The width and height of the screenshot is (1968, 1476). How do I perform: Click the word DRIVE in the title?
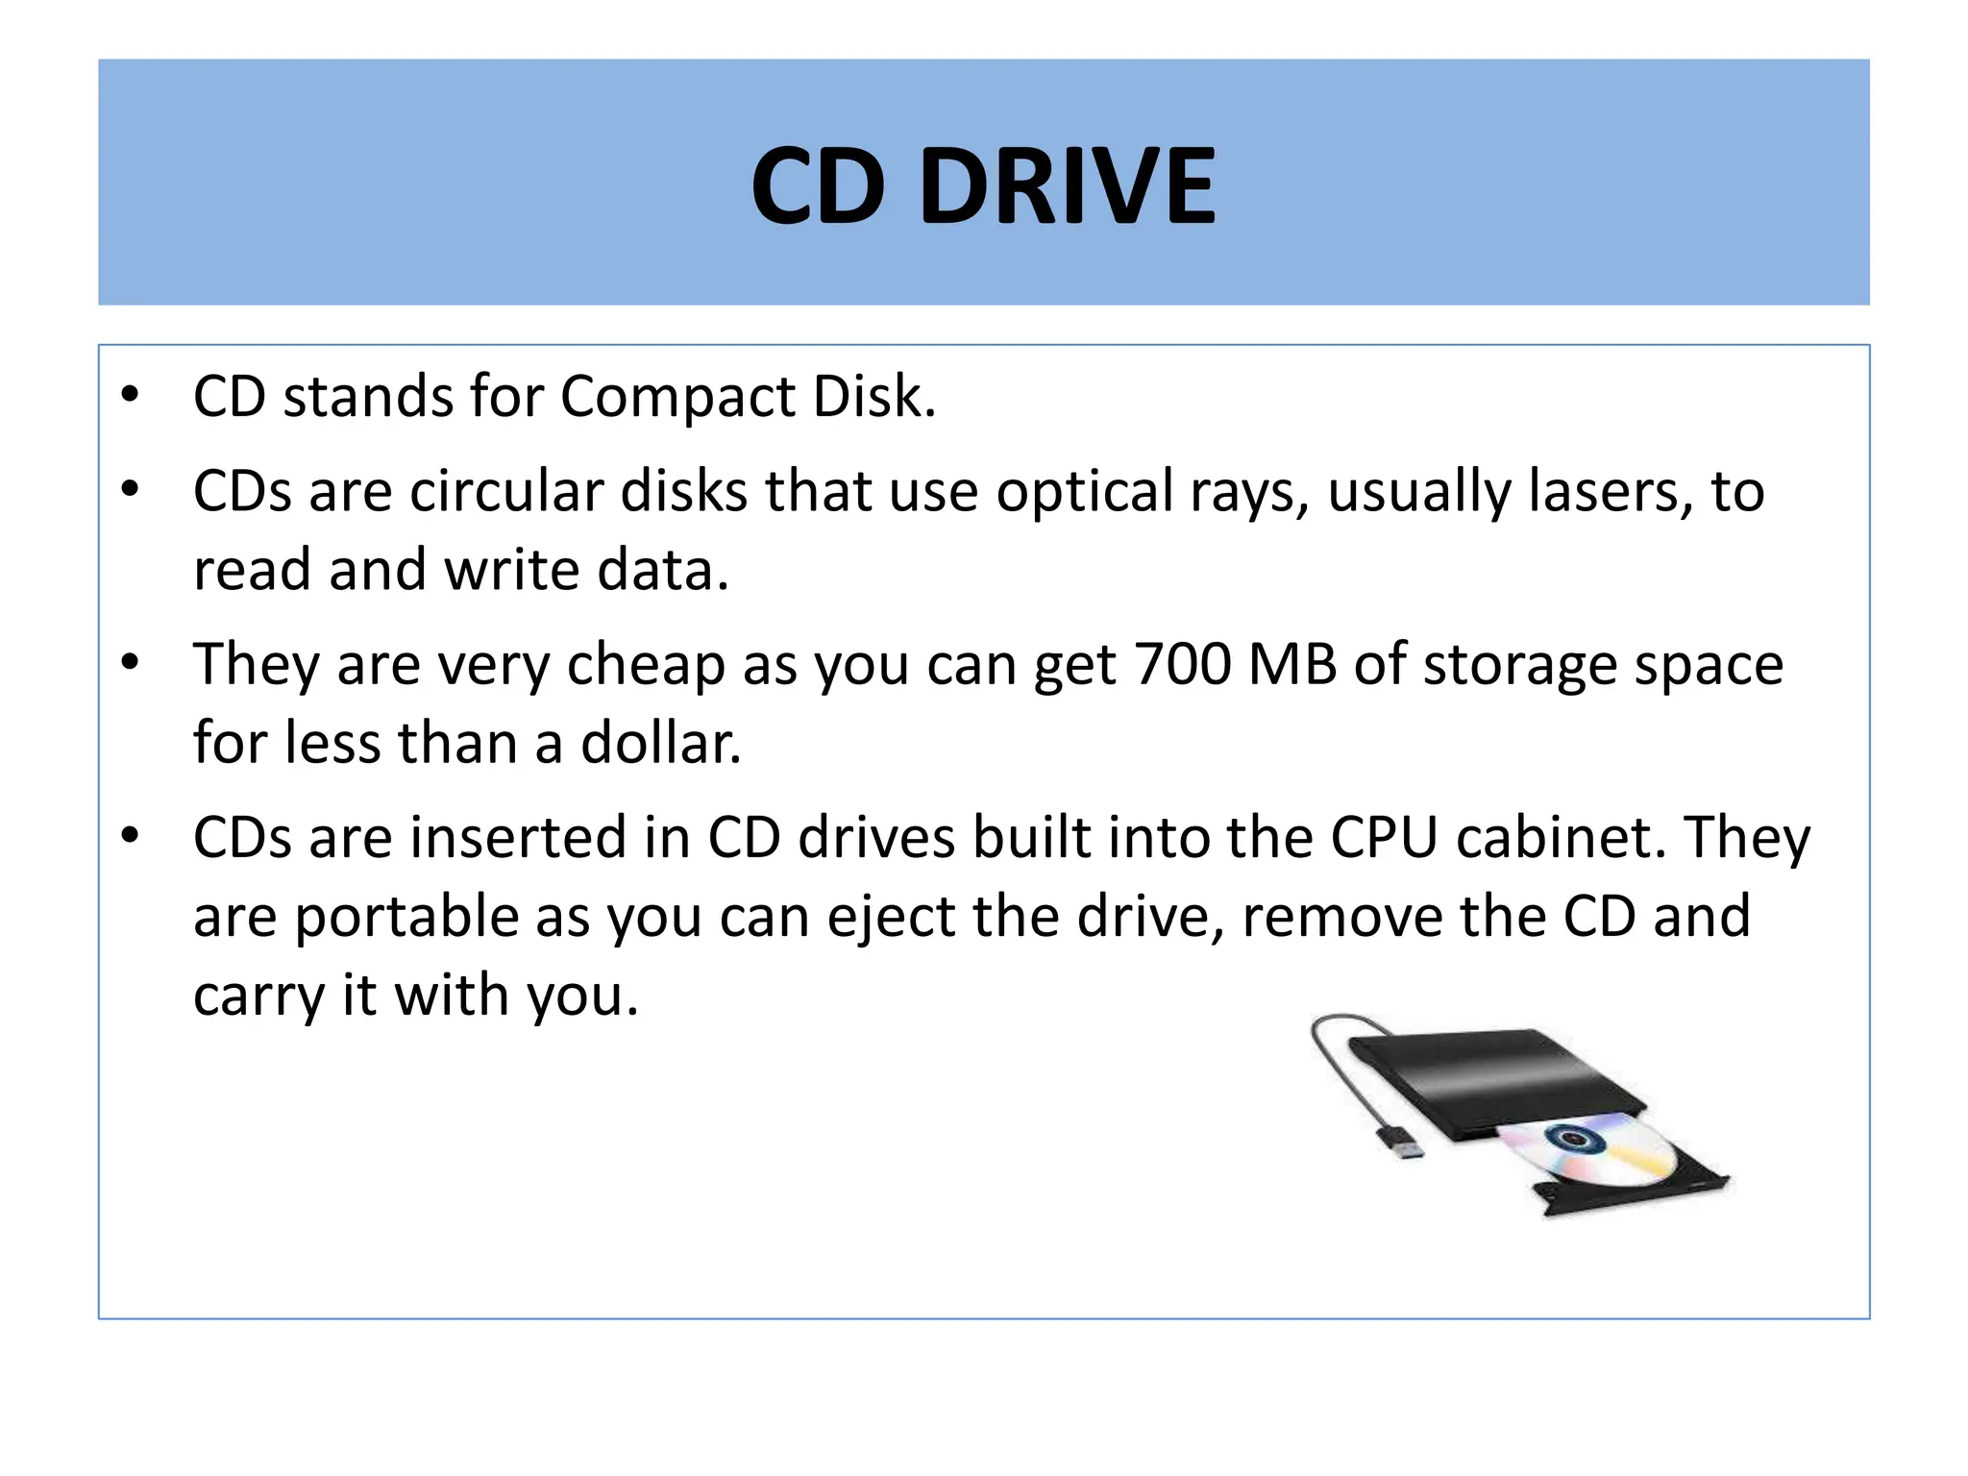pos(1068,185)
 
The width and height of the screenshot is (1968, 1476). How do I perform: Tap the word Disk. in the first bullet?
pos(873,396)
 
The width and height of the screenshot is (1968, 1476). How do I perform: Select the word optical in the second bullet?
pos(1083,491)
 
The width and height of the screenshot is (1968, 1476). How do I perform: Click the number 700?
pos(1182,664)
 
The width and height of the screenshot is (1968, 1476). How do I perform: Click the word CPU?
pos(1384,837)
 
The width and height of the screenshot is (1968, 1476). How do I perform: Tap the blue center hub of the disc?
pos(1574,1140)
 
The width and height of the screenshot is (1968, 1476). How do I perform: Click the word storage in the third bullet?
pos(1519,666)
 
